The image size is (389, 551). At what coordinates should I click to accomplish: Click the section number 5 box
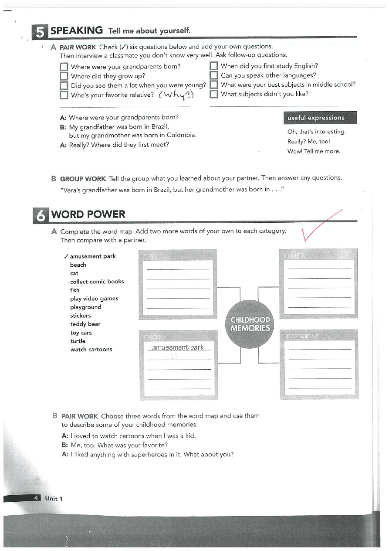point(40,31)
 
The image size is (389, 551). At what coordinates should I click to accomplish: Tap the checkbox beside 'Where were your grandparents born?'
point(64,67)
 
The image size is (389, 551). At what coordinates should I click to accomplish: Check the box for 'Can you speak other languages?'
point(213,76)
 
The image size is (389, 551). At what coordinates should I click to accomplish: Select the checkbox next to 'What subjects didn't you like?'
point(213,94)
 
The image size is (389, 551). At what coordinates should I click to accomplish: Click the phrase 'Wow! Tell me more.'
point(314,151)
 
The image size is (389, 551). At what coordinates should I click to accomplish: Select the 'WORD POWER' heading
point(88,214)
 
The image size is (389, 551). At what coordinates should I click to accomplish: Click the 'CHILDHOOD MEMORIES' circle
point(250,324)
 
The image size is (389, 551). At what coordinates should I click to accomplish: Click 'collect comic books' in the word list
point(97,282)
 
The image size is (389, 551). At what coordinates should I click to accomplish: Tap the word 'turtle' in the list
point(78,341)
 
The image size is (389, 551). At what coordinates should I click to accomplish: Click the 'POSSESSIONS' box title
point(301,336)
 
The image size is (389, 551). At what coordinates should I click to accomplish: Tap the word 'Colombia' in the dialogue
point(181,135)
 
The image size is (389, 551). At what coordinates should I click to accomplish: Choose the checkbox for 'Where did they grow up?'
point(64,76)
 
